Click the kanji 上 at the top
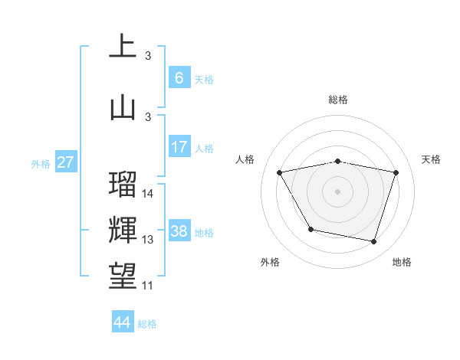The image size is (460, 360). tap(123, 47)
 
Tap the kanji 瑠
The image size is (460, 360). tap(123, 185)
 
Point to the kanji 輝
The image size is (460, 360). tap(123, 231)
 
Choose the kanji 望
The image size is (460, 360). tap(123, 276)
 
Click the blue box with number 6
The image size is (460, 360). tap(179, 78)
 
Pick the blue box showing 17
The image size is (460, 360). tap(179, 147)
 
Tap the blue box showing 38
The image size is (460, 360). tap(179, 231)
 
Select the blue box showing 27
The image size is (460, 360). tap(65, 162)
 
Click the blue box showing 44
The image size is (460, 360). tap(122, 322)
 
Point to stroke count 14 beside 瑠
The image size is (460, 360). tap(148, 194)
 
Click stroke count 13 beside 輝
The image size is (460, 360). tap(148, 240)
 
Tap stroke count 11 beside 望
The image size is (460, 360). tap(148, 286)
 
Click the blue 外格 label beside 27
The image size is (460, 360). tap(40, 163)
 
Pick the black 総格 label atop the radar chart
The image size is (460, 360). tap(337, 100)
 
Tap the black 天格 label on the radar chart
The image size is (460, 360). tap(431, 159)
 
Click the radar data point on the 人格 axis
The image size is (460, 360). tap(280, 172)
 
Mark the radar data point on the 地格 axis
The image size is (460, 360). tap(373, 242)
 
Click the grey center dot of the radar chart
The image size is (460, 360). tap(337, 191)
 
